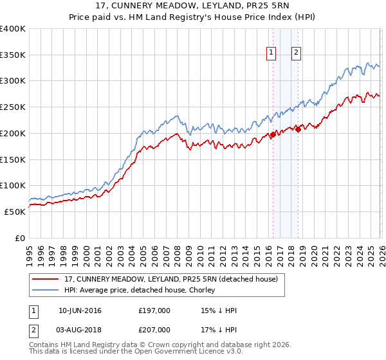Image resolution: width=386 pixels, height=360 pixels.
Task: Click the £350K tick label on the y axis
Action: click(x=13, y=55)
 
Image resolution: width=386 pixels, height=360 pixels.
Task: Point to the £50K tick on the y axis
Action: click(x=15, y=212)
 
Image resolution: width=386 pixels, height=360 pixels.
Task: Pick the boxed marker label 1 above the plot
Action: click(x=271, y=53)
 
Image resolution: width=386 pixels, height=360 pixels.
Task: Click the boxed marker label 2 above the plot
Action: click(x=296, y=53)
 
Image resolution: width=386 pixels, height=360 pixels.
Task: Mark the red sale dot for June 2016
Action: click(x=272, y=135)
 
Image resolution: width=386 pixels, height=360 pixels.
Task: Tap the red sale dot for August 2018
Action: click(x=297, y=130)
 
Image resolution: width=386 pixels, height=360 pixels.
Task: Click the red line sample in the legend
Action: click(x=46, y=279)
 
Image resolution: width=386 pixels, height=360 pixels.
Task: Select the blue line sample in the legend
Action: click(x=46, y=290)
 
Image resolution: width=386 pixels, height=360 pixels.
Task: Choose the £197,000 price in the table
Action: click(x=154, y=311)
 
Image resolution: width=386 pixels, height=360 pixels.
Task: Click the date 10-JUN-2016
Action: click(x=80, y=311)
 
